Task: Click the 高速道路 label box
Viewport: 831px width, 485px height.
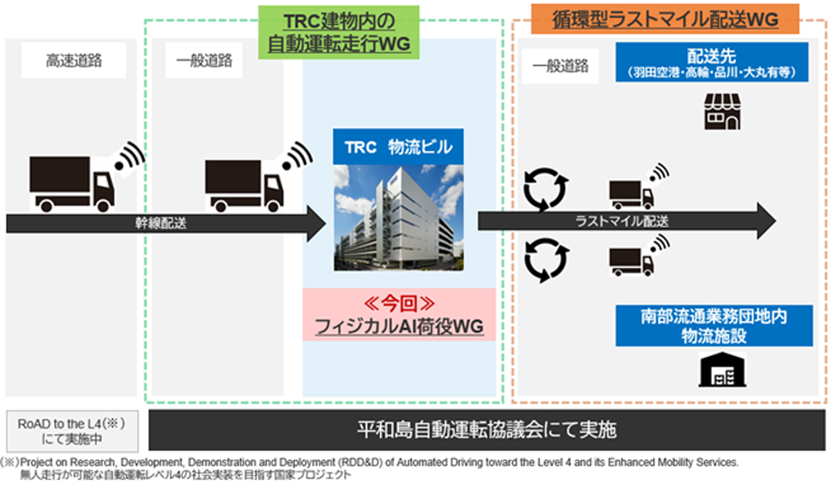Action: click(x=74, y=60)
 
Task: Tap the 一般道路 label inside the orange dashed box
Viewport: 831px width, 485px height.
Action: click(x=560, y=66)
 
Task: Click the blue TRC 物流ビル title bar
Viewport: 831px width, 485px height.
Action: click(x=398, y=147)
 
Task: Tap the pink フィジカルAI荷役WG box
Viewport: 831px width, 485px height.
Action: click(x=398, y=314)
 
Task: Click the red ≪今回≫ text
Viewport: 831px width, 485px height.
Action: click(x=398, y=303)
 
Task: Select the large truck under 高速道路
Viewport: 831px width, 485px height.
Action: click(x=72, y=183)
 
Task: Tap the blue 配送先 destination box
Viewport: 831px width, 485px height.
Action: click(x=712, y=62)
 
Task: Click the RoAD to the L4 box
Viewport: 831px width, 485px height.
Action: click(x=74, y=431)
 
